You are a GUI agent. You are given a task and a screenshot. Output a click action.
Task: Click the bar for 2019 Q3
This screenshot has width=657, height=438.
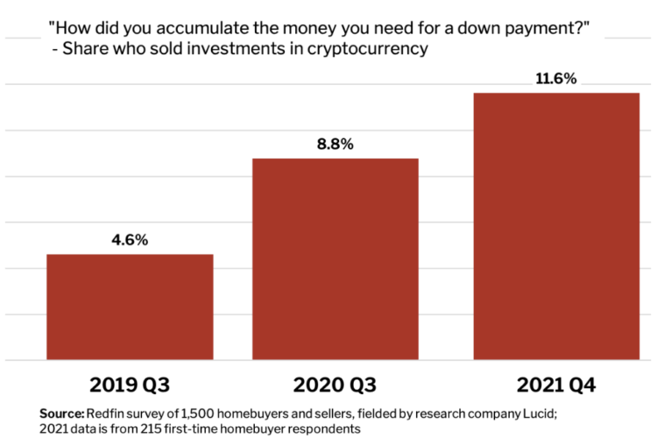click(x=130, y=307)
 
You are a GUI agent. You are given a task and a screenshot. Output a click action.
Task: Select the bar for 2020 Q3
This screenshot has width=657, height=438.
click(x=336, y=258)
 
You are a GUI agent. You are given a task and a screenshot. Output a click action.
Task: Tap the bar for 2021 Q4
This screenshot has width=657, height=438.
click(x=556, y=226)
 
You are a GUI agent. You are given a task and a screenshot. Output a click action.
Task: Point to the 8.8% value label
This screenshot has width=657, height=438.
click(x=335, y=144)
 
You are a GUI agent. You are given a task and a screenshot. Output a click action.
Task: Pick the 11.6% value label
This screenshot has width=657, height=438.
click(x=556, y=79)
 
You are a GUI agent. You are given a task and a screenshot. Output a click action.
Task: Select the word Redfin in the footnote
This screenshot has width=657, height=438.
click(x=103, y=413)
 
